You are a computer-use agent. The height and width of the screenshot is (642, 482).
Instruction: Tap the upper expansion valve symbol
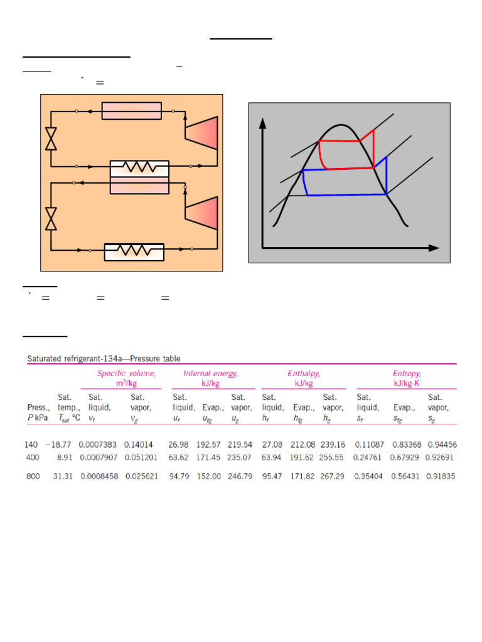(x=51, y=139)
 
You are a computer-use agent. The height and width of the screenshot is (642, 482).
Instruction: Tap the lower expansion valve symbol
(x=51, y=219)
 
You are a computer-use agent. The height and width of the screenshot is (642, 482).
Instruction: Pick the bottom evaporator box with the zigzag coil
(x=134, y=251)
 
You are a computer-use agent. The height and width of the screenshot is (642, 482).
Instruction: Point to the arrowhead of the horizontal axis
(x=434, y=248)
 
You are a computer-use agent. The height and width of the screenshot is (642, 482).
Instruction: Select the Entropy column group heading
(x=407, y=373)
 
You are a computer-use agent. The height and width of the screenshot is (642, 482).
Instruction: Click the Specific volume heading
(x=126, y=373)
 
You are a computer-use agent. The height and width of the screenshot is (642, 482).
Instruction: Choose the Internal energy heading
(x=210, y=373)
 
